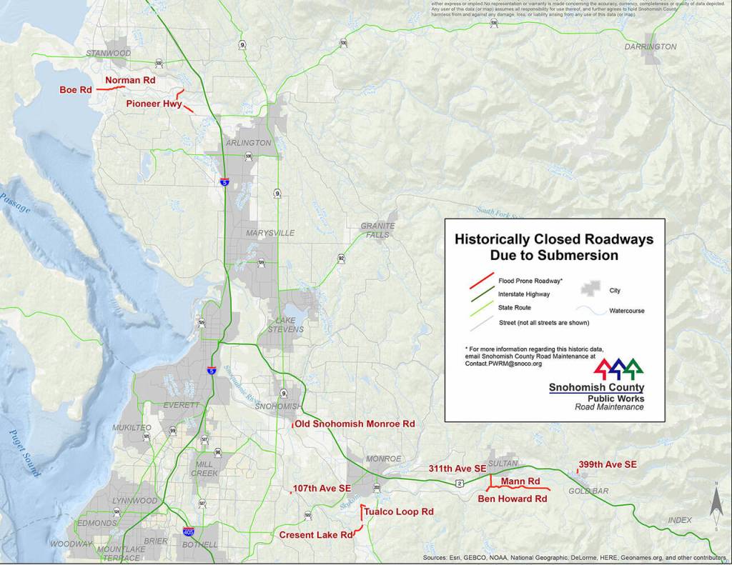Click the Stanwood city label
point(108,54)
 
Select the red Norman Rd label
point(130,81)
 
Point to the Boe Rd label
point(76,90)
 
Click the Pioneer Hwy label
point(154,104)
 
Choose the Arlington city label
point(248,143)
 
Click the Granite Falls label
point(377,230)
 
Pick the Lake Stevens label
point(285,325)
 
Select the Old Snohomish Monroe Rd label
point(355,424)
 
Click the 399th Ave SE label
point(608,464)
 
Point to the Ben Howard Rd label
point(512,499)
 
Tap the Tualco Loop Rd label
point(398,512)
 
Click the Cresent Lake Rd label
point(316,534)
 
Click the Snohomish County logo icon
point(618,367)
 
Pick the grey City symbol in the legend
point(590,288)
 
